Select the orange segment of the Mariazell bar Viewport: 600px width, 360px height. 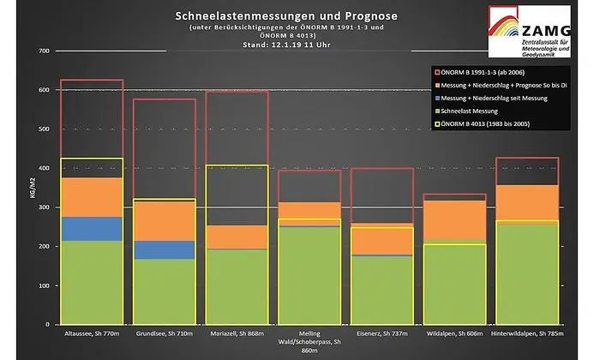pyautogui.click(x=237, y=237)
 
